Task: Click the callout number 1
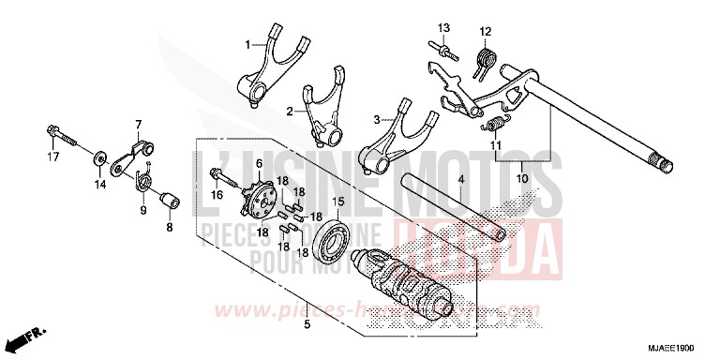click(248, 43)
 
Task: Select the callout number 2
click(291, 110)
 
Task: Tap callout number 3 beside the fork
click(377, 120)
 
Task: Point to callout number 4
click(460, 179)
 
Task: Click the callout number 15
click(339, 201)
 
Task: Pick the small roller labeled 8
click(170, 202)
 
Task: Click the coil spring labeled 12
click(486, 61)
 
